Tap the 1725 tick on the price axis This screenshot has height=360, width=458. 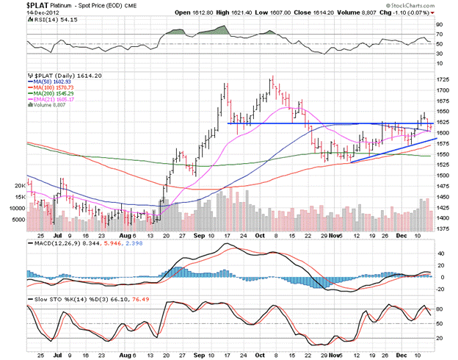(443, 79)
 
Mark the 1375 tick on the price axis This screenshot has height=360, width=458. (443, 229)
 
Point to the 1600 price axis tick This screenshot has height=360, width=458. (443, 133)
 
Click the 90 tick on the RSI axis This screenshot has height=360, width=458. (440, 24)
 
